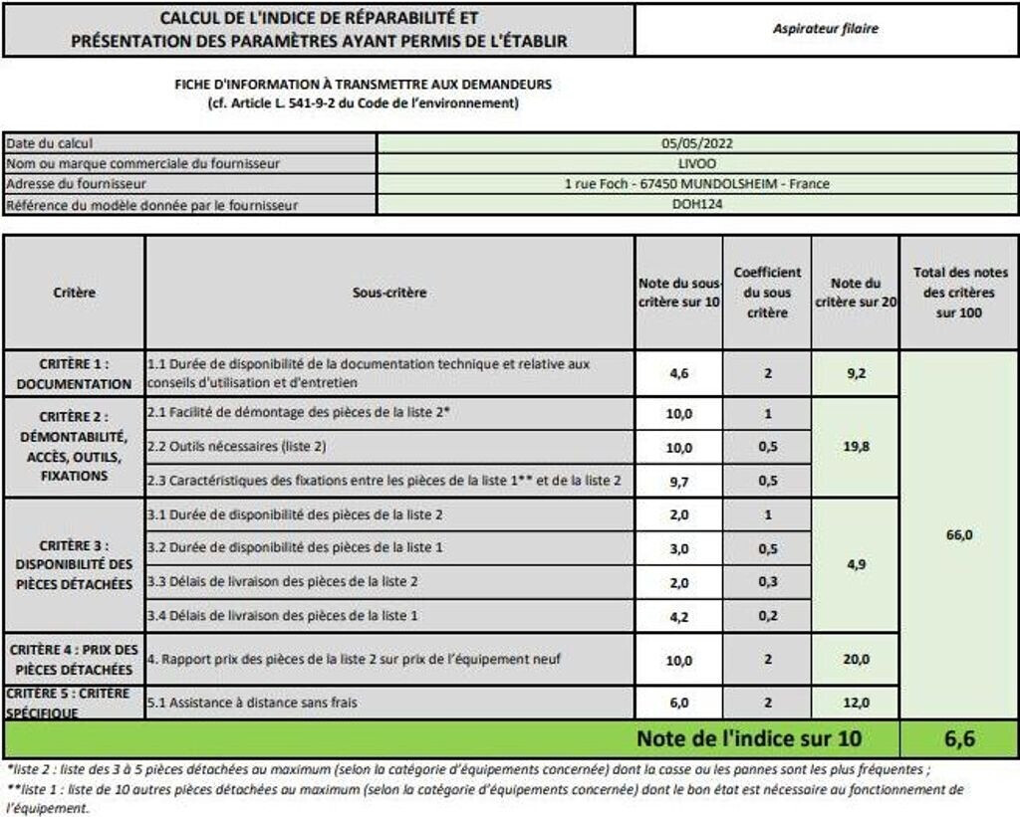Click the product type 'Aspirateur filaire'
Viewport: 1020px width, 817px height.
pyautogui.click(x=826, y=29)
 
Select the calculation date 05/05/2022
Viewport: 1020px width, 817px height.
pyautogui.click(x=697, y=143)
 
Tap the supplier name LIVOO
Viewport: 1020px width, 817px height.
pyautogui.click(x=696, y=163)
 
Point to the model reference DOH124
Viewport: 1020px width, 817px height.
pyautogui.click(x=696, y=205)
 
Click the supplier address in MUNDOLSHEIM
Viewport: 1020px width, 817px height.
pyautogui.click(x=696, y=184)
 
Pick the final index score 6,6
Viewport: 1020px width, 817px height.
pyautogui.click(x=958, y=738)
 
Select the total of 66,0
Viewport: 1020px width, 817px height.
pyautogui.click(x=958, y=534)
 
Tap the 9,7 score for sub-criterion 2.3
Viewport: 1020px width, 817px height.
pyautogui.click(x=678, y=481)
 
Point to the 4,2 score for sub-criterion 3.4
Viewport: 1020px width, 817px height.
pyautogui.click(x=678, y=616)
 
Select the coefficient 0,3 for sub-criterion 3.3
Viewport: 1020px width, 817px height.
pyautogui.click(x=767, y=582)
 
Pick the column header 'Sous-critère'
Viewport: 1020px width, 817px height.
pyautogui.click(x=389, y=293)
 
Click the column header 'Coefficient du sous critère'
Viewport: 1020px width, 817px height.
pyautogui.click(x=767, y=293)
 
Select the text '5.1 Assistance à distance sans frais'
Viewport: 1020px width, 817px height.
pyautogui.click(x=251, y=703)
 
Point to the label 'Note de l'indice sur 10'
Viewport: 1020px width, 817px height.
pyautogui.click(x=749, y=738)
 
